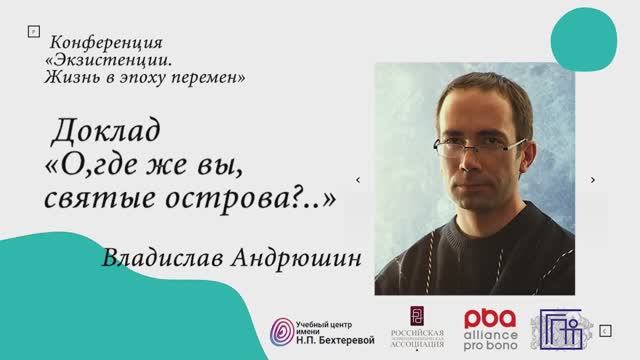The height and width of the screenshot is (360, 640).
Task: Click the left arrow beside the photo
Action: click(x=358, y=180)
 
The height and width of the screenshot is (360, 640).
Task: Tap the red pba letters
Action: click(x=490, y=318)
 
